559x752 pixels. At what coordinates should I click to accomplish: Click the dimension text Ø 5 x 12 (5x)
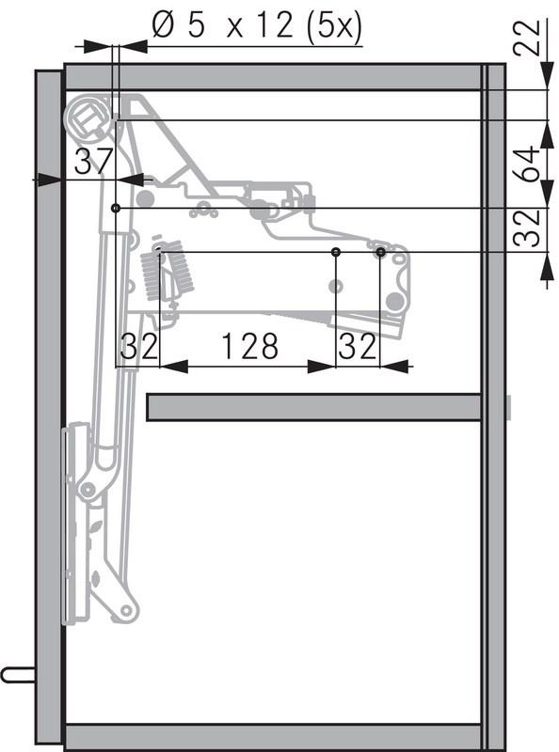258,25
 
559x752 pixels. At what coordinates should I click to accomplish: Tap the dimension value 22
527,39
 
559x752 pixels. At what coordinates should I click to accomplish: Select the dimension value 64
528,164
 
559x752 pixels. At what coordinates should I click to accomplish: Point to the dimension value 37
94,162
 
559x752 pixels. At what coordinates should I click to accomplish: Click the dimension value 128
249,346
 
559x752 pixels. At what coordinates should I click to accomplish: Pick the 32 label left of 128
139,346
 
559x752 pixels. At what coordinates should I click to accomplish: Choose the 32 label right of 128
358,346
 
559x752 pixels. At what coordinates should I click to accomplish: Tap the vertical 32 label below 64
527,227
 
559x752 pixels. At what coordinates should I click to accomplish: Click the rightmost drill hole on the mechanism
381,251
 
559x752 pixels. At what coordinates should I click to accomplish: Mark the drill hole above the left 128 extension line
336,251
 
